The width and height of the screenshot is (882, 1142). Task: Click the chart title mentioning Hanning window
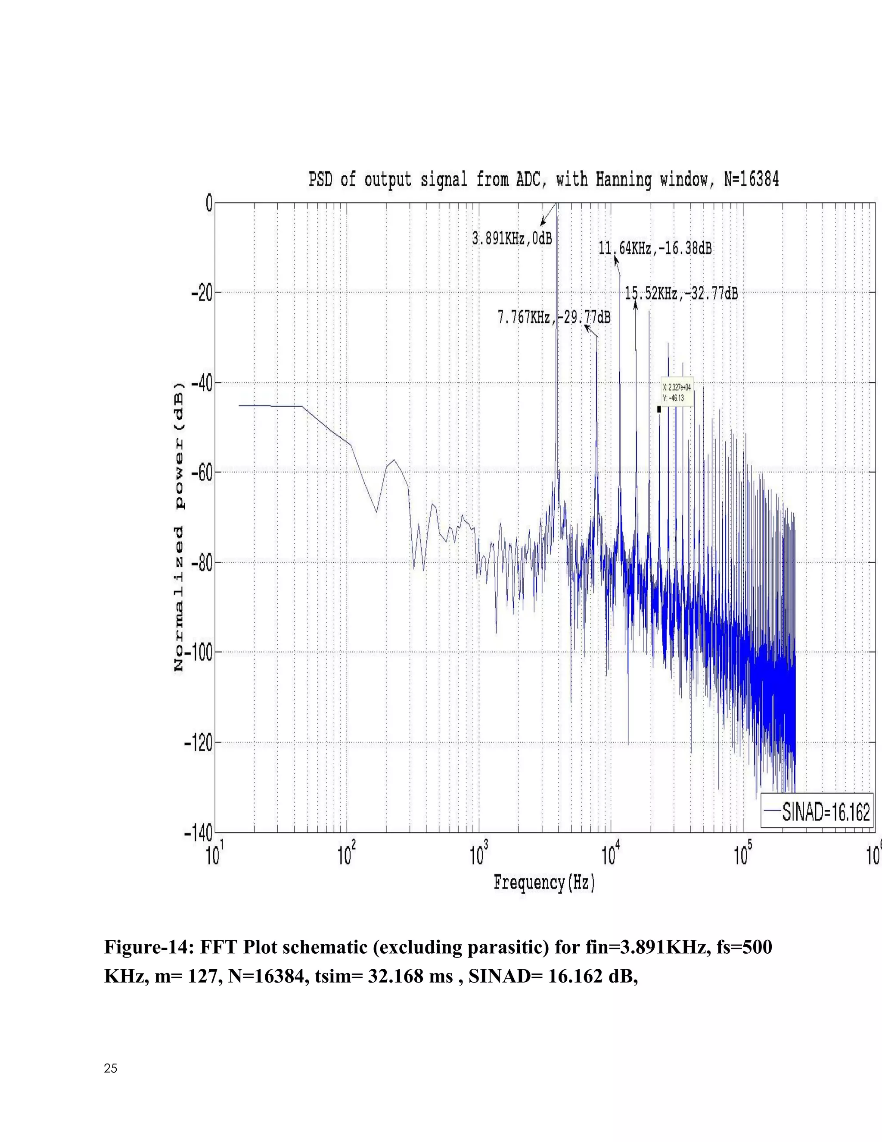(x=543, y=179)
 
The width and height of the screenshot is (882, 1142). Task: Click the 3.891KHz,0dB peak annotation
(x=512, y=238)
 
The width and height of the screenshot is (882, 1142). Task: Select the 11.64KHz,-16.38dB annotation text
(x=655, y=248)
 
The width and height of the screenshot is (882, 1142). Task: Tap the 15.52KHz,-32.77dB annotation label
(x=681, y=293)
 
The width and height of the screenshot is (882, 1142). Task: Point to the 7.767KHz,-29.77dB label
(x=554, y=317)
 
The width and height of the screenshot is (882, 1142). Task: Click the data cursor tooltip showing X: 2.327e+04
(x=677, y=392)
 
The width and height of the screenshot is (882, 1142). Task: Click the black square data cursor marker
(x=659, y=409)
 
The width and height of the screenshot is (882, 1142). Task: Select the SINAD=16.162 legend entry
(x=825, y=812)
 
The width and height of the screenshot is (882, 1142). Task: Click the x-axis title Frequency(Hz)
(x=544, y=883)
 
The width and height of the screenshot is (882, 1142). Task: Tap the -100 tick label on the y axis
(x=199, y=652)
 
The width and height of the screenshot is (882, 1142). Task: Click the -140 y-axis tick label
(x=199, y=833)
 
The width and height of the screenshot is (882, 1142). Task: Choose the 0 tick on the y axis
(x=208, y=203)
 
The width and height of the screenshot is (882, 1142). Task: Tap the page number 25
(x=111, y=1069)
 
